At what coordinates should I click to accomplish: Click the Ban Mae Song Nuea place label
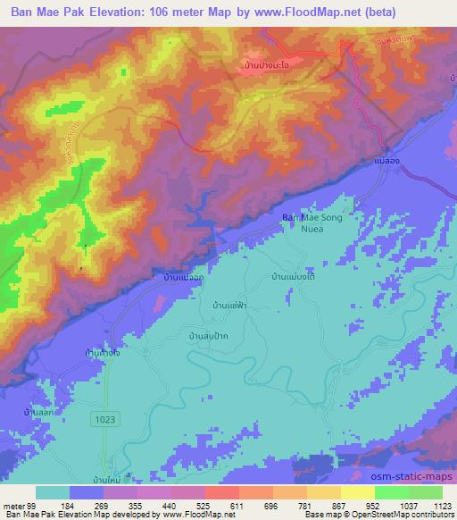coord(312,222)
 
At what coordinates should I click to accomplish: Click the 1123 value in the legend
coord(430,505)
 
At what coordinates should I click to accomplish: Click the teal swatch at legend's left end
coord(54,492)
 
